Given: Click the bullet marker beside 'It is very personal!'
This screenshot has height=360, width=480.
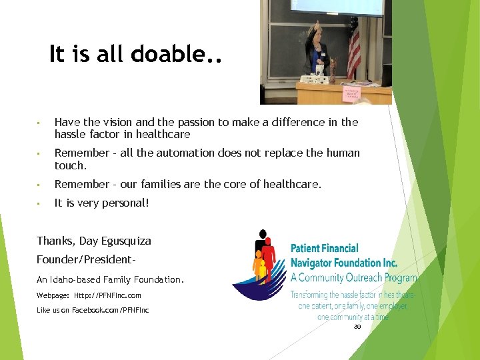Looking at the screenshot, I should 39,203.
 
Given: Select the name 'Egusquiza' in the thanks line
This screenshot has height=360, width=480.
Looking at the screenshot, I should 125,241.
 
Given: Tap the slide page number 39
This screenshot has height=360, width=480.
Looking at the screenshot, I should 357,327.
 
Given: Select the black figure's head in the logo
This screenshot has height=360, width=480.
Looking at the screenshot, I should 263,234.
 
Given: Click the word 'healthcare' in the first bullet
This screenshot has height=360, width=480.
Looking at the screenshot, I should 161,134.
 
